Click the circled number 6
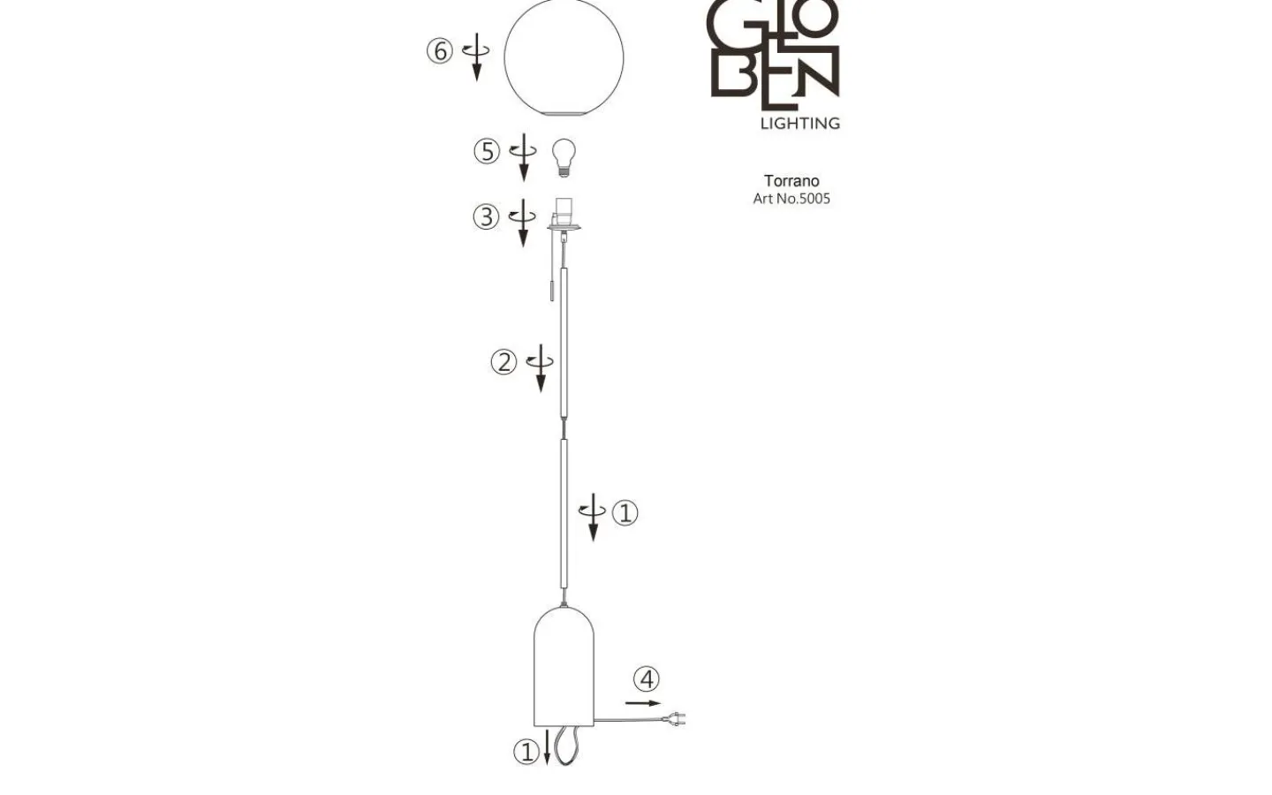pos(439,51)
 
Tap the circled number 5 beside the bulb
pos(487,152)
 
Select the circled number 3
pos(486,216)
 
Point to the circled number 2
pos(503,361)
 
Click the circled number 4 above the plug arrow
pos(647,679)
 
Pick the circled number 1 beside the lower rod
pos(625,512)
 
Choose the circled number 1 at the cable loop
pos(526,752)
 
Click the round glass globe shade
pos(564,57)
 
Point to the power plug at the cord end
pos(675,721)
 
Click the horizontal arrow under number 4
pos(642,703)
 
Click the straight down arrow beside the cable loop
pos(548,747)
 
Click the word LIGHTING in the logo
pos(799,123)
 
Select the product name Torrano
pos(791,181)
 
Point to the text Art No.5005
pos(791,199)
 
